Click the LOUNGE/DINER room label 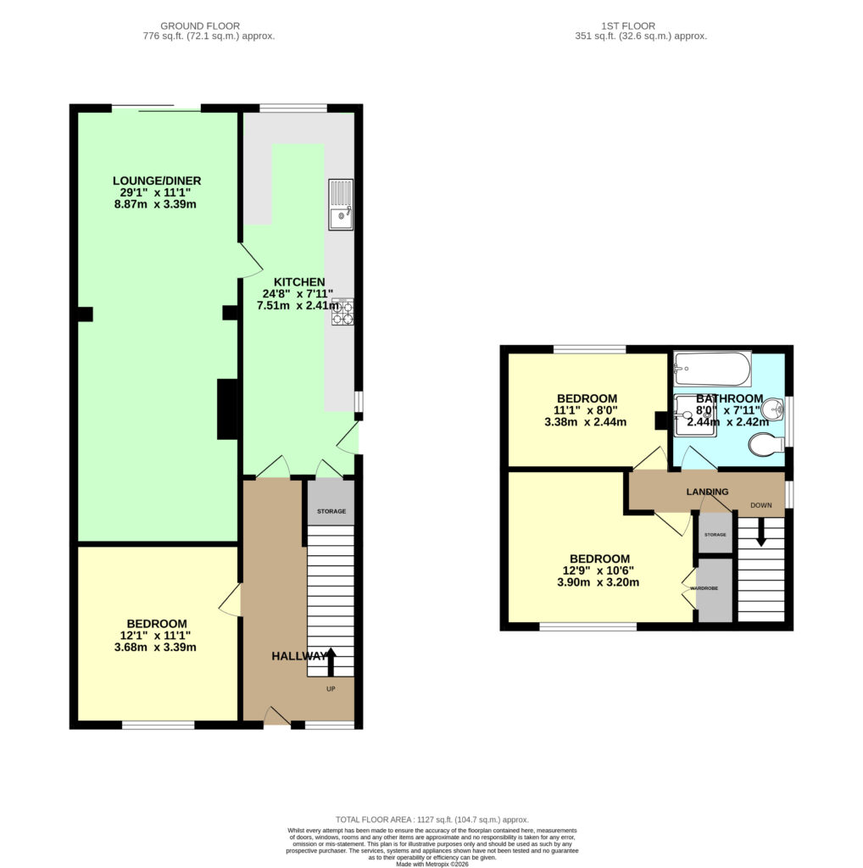pyautogui.click(x=157, y=181)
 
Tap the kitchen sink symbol pyautogui.click(x=341, y=204)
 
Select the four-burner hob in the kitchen pyautogui.click(x=342, y=312)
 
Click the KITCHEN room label pyautogui.click(x=299, y=281)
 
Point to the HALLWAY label pyautogui.click(x=299, y=656)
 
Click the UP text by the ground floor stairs pyautogui.click(x=331, y=689)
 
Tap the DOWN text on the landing pyautogui.click(x=761, y=505)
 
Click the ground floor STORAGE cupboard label pyautogui.click(x=331, y=511)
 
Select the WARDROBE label pyautogui.click(x=704, y=588)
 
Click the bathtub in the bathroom pyautogui.click(x=712, y=369)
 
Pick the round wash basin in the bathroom pyautogui.click(x=773, y=410)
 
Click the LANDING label pyautogui.click(x=708, y=492)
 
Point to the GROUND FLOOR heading pyautogui.click(x=200, y=26)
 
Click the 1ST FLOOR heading pyautogui.click(x=628, y=26)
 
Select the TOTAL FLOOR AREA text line pyautogui.click(x=432, y=820)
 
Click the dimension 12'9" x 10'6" pyautogui.click(x=599, y=570)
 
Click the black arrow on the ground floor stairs pyautogui.click(x=331, y=662)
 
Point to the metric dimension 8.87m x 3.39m pyautogui.click(x=155, y=204)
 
